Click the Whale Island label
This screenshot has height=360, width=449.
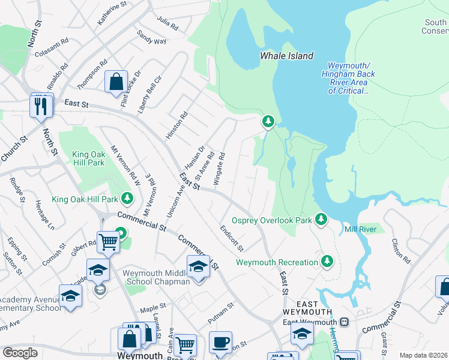pyautogui.click(x=286, y=56)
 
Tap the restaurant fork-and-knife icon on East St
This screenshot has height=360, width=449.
pyautogui.click(x=41, y=106)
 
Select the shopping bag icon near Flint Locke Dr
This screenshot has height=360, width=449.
pyautogui.click(x=116, y=82)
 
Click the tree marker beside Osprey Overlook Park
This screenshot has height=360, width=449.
pyautogui.click(x=322, y=220)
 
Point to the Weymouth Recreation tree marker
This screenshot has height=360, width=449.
pyautogui.click(x=327, y=262)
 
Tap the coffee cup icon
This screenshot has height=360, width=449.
pyautogui.click(x=220, y=342)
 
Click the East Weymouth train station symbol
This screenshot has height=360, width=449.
pyautogui.click(x=345, y=322)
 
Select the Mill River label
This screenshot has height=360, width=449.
pyautogui.click(x=360, y=229)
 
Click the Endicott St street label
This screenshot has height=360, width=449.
pyautogui.click(x=232, y=238)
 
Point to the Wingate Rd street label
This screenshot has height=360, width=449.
pyautogui.click(x=222, y=164)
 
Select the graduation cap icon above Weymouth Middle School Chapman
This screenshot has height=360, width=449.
pyautogui.click(x=198, y=266)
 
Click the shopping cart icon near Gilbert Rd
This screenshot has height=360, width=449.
pyautogui.click(x=108, y=242)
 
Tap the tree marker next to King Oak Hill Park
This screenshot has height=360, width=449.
pyautogui.click(x=127, y=197)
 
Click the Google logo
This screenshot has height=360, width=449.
pyautogui.click(x=20, y=353)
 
